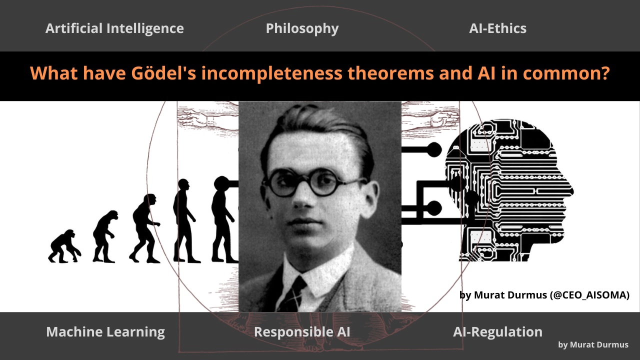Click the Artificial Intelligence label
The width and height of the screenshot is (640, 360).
click(x=114, y=28)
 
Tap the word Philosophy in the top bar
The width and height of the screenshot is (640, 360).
click(x=302, y=28)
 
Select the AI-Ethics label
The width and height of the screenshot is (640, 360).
click(x=497, y=28)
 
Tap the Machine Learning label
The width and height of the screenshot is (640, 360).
click(x=105, y=331)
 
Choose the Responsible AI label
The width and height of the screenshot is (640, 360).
click(x=302, y=331)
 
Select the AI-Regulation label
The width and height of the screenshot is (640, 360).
click(x=497, y=331)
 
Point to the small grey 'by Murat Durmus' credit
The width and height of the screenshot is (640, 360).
click(x=593, y=345)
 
